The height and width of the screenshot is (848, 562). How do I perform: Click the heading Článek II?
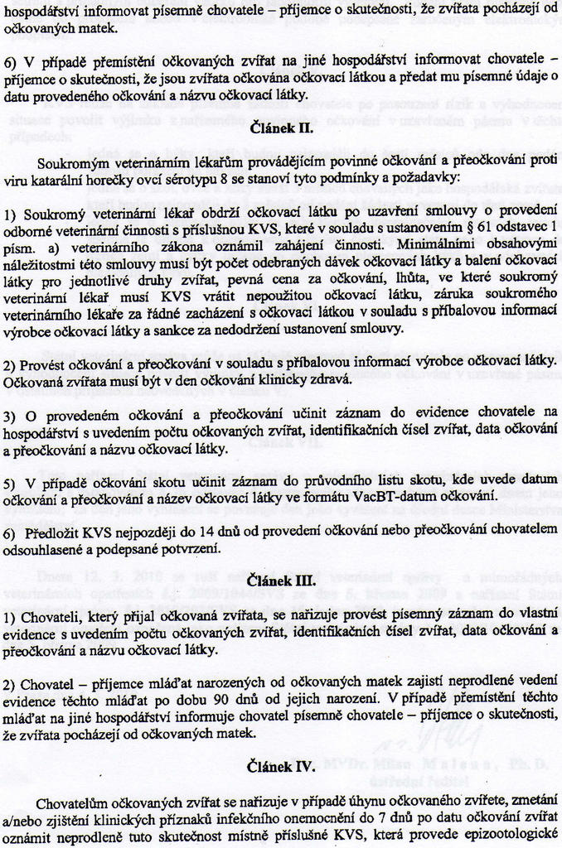coord(281,128)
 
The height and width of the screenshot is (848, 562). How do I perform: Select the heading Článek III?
coord(281,581)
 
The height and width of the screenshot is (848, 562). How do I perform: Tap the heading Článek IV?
coord(281,767)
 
